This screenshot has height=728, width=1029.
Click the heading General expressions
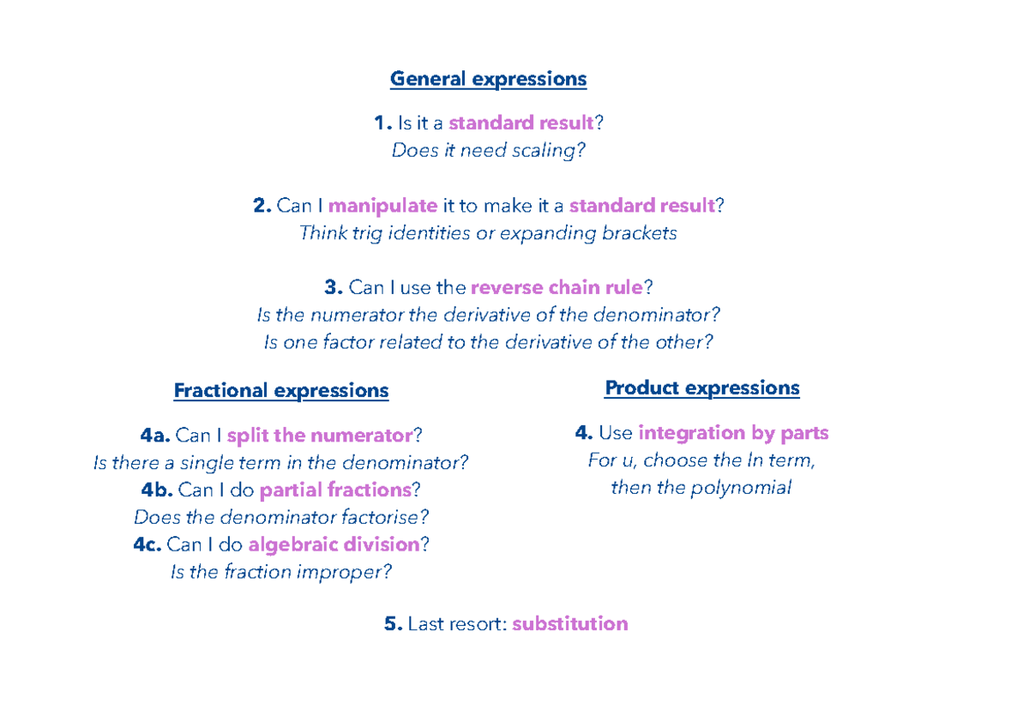point(488,79)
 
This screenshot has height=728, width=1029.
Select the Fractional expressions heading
point(281,391)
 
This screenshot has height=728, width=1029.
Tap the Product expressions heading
point(702,388)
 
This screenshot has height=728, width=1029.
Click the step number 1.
point(383,123)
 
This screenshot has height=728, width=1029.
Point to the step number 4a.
point(155,435)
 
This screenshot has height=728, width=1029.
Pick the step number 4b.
point(157,490)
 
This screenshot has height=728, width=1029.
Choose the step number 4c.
point(147,544)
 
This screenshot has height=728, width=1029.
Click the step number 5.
point(394,623)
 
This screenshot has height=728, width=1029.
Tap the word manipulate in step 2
point(382,206)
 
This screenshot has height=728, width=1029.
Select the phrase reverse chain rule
point(557,287)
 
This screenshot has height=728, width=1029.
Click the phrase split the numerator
point(320,436)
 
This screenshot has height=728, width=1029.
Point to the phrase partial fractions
point(335,490)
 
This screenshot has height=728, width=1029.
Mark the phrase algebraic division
point(334,544)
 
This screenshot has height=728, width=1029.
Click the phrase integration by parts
point(734,433)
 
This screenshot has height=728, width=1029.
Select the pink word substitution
point(570,623)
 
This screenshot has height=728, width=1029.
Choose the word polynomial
point(741,488)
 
